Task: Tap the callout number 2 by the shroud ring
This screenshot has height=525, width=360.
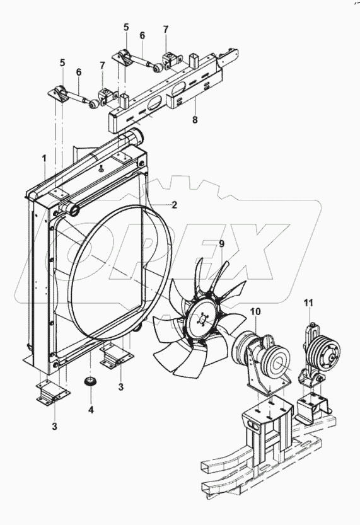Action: [175, 205]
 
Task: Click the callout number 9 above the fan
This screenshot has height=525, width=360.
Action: [221, 243]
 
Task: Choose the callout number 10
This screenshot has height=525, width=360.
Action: [255, 312]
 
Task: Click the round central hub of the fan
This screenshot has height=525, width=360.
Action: [202, 320]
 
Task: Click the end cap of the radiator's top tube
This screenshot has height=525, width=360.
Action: [136, 135]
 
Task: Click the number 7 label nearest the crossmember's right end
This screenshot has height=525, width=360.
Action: [166, 30]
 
